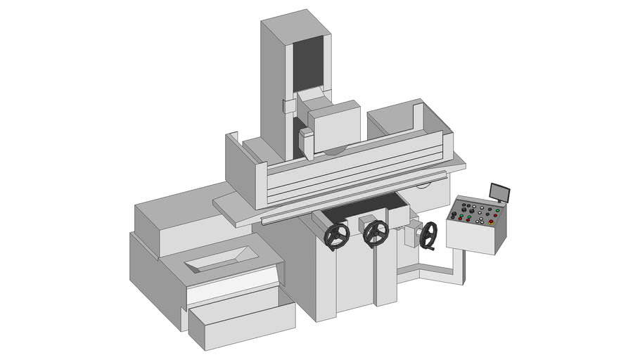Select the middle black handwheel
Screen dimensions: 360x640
[x=376, y=233]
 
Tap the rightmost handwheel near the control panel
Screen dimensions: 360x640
[x=428, y=235]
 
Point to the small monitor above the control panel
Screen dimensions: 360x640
[x=500, y=192]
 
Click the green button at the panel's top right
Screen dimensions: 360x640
[x=497, y=210]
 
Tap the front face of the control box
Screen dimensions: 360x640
[x=471, y=238]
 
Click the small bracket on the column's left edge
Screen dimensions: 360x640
[x=288, y=106]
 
